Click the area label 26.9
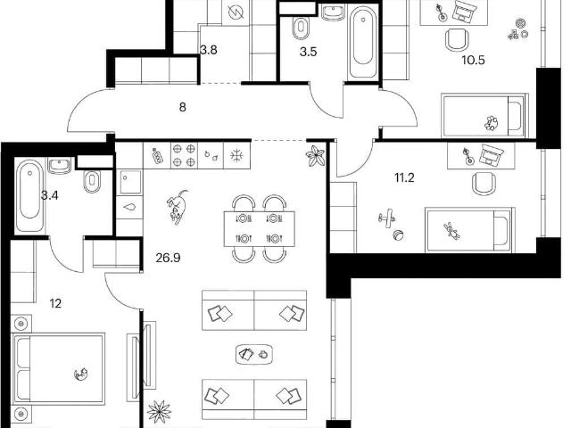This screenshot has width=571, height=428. pyautogui.click(x=168, y=258)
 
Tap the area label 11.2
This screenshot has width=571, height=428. pyautogui.click(x=404, y=178)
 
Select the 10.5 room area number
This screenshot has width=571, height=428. pyautogui.click(x=473, y=60)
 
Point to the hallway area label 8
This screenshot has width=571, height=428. pyautogui.click(x=182, y=107)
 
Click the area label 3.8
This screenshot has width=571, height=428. pyautogui.click(x=209, y=50)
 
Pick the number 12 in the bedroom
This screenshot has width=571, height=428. pyautogui.click(x=55, y=303)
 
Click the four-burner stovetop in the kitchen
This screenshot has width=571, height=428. pyautogui.click(x=184, y=155)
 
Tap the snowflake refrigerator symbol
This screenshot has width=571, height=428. pyautogui.click(x=236, y=155)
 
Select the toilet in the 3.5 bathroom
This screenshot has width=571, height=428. pyautogui.click(x=301, y=28)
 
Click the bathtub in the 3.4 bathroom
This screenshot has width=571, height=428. pyautogui.click(x=30, y=196)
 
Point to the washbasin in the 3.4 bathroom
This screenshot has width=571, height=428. pyautogui.click(x=60, y=166)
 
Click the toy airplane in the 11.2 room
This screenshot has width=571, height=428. pyautogui.click(x=386, y=218)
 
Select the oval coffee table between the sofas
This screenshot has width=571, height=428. pyautogui.click(x=254, y=354)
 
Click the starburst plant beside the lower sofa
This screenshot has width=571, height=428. pyautogui.click(x=160, y=412)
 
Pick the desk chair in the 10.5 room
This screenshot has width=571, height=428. pyautogui.click(x=457, y=39)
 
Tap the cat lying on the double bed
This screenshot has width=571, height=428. pyautogui.click(x=81, y=374)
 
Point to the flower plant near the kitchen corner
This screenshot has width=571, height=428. pyautogui.click(x=315, y=156)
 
